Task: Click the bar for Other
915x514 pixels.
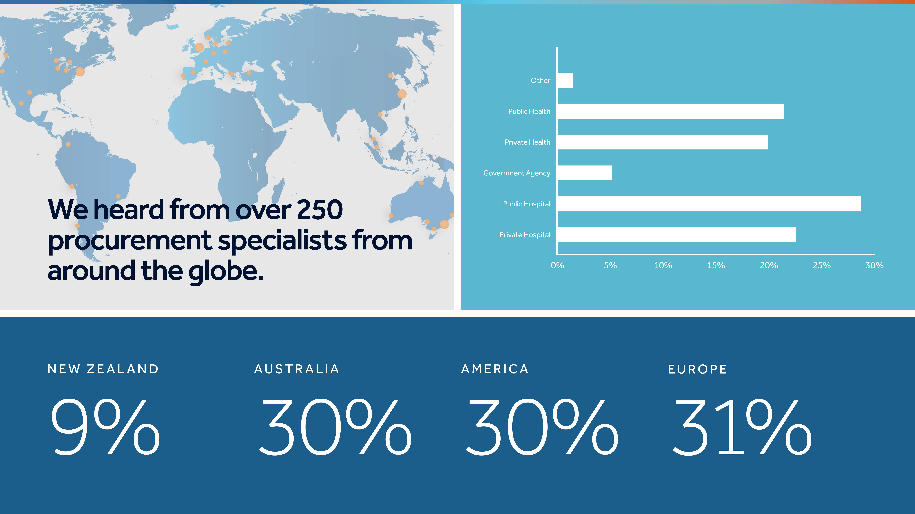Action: [x=565, y=81]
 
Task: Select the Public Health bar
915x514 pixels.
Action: [x=671, y=111]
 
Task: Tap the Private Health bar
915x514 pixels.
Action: [x=662, y=142]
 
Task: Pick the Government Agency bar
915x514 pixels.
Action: [x=585, y=173]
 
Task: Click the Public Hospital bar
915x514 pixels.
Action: [x=709, y=204]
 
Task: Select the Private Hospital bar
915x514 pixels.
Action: [x=677, y=235]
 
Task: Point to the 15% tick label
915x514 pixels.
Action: [x=716, y=265]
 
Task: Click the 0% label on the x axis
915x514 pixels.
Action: [x=557, y=265]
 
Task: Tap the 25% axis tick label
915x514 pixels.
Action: [x=822, y=265]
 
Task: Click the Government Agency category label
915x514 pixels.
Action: [x=517, y=173]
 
